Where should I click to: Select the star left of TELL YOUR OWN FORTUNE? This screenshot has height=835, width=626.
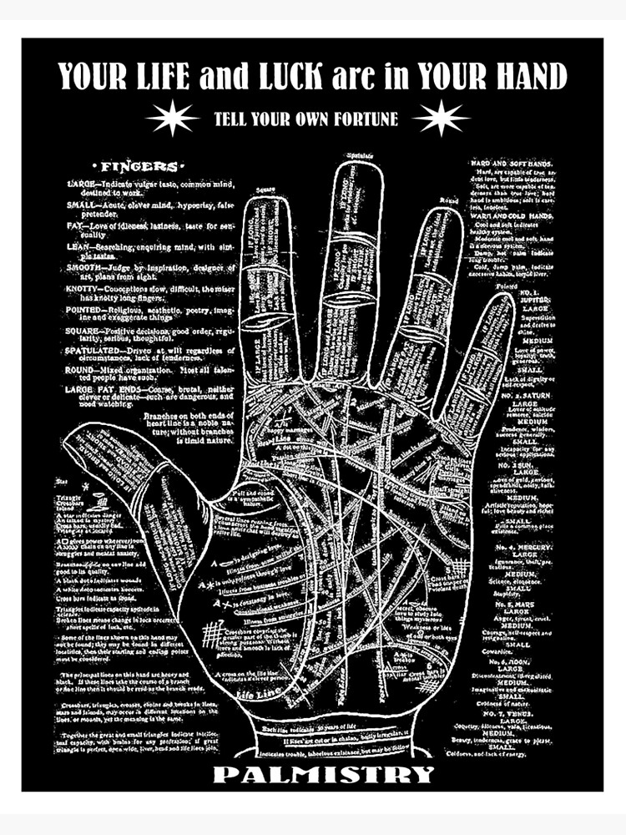click(x=172, y=118)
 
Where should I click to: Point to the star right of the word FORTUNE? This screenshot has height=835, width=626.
click(x=440, y=118)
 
